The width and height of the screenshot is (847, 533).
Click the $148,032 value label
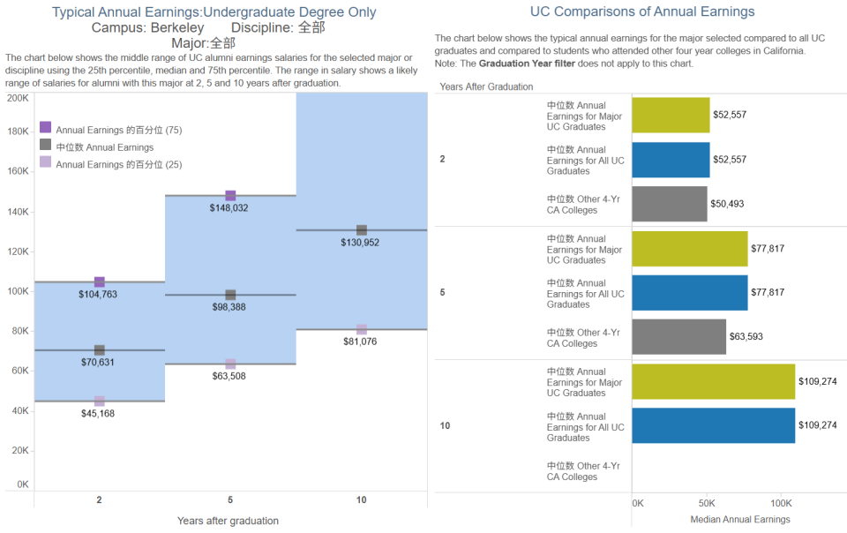pyautogui.click(x=230, y=208)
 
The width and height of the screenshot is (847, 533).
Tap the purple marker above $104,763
pyautogui.click(x=100, y=282)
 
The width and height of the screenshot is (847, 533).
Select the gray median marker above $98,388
pyautogui.click(x=230, y=295)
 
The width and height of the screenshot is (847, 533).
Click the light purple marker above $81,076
pyautogui.click(x=362, y=329)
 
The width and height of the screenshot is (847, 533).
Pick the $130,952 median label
pyautogui.click(x=360, y=243)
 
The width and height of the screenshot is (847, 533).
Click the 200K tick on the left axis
pyautogui.click(x=18, y=98)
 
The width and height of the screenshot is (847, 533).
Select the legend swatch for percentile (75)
pyautogui.click(x=46, y=128)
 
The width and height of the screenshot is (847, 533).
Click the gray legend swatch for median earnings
pyautogui.click(x=46, y=146)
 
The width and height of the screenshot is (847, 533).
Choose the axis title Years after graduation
pyautogui.click(x=228, y=521)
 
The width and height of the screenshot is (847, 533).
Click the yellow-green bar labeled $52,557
pyautogui.click(x=671, y=116)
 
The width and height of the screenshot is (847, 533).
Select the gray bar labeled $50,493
pyautogui.click(x=670, y=204)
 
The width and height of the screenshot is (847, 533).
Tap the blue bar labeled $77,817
pyautogui.click(x=690, y=293)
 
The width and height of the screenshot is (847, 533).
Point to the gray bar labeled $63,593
pyautogui.click(x=679, y=337)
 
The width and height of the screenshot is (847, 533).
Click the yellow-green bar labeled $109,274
pyautogui.click(x=714, y=381)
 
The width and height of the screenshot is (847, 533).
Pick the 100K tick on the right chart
pyautogui.click(x=779, y=502)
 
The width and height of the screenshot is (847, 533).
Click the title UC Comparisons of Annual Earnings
pyautogui.click(x=642, y=11)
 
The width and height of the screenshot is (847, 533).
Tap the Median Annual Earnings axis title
pyautogui.click(x=739, y=520)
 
